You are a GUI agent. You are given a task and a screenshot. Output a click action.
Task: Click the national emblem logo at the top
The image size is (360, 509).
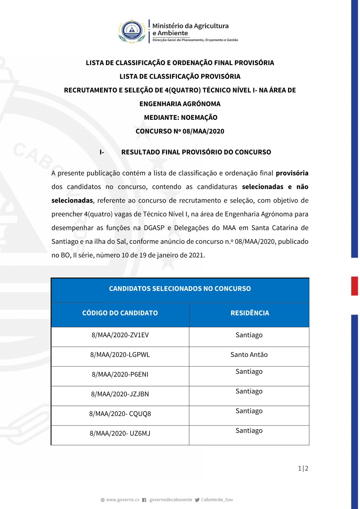click(132, 31)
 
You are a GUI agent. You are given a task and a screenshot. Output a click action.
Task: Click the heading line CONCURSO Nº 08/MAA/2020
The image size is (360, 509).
click(180, 131)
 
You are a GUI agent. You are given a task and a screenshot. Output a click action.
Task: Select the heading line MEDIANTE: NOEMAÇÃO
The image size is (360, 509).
click(180, 118)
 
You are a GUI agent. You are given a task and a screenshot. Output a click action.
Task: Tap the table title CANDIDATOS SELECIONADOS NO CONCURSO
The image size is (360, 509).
click(180, 289)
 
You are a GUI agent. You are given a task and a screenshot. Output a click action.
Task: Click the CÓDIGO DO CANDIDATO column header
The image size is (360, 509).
click(120, 313)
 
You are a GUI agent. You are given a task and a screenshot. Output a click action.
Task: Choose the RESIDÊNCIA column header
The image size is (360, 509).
click(249, 313)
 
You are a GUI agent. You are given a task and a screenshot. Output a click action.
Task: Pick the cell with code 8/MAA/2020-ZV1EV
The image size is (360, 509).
click(120, 335)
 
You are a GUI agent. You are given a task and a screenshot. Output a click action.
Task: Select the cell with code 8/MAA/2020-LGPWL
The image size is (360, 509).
click(120, 355)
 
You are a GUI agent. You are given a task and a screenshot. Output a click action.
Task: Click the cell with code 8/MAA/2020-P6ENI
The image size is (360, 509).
click(120, 375)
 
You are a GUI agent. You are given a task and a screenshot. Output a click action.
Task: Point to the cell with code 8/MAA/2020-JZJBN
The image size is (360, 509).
click(120, 394)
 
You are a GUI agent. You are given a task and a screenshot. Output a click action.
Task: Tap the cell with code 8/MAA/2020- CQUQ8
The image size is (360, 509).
click(120, 414)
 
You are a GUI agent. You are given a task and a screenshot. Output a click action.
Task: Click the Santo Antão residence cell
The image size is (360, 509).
click(249, 355)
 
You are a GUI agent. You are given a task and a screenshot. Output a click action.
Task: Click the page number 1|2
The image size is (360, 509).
click(303, 468)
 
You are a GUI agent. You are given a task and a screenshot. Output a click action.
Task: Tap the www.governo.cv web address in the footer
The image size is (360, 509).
click(122, 500)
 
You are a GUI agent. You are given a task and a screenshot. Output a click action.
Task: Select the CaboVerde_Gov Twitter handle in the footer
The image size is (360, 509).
click(217, 500)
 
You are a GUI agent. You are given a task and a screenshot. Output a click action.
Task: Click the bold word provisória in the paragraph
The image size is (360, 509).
click(292, 173)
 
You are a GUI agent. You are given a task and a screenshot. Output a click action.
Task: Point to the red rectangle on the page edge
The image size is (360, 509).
click(355, 286)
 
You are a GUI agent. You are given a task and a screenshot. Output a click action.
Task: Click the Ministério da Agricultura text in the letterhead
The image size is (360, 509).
click(190, 26)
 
